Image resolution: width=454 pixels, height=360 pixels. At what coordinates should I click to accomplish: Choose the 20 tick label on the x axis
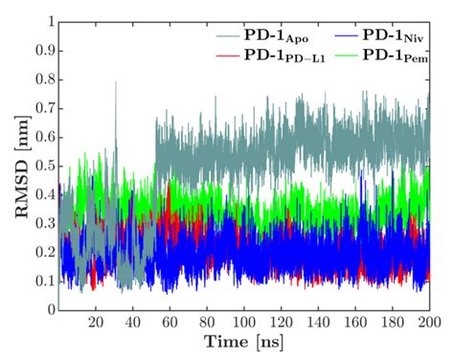96,324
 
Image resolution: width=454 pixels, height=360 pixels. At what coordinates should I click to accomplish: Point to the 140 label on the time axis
320,324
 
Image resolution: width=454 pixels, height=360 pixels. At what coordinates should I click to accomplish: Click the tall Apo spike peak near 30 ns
116,83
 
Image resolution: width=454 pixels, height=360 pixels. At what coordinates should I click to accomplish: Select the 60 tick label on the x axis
170,324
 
